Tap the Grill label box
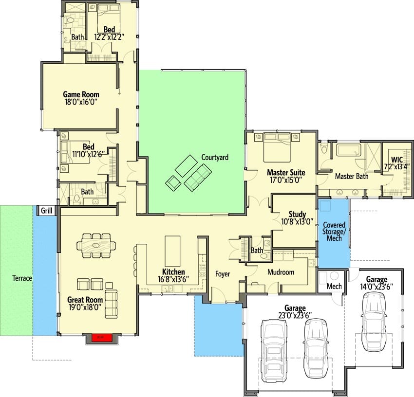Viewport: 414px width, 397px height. point(46,211)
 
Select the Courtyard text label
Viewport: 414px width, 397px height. point(215,158)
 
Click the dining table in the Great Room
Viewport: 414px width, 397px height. point(96,246)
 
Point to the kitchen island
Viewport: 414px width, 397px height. point(172,251)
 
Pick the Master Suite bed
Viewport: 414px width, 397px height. point(277,147)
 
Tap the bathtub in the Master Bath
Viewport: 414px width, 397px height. point(349,150)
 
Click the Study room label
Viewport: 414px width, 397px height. point(297,214)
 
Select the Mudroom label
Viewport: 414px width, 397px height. point(281,272)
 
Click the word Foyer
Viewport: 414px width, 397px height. point(222,274)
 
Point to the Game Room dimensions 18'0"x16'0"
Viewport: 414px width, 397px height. point(81,102)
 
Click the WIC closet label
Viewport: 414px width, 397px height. point(396,160)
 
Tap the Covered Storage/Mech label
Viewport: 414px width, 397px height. point(334,232)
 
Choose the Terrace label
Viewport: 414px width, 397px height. point(22,278)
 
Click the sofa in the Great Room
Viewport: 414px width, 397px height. point(111,304)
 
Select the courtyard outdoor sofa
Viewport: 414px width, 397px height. point(198,177)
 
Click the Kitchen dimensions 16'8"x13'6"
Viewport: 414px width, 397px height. point(173,279)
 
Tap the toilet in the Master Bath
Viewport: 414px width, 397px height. point(324,148)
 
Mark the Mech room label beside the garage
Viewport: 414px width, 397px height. point(334,286)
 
